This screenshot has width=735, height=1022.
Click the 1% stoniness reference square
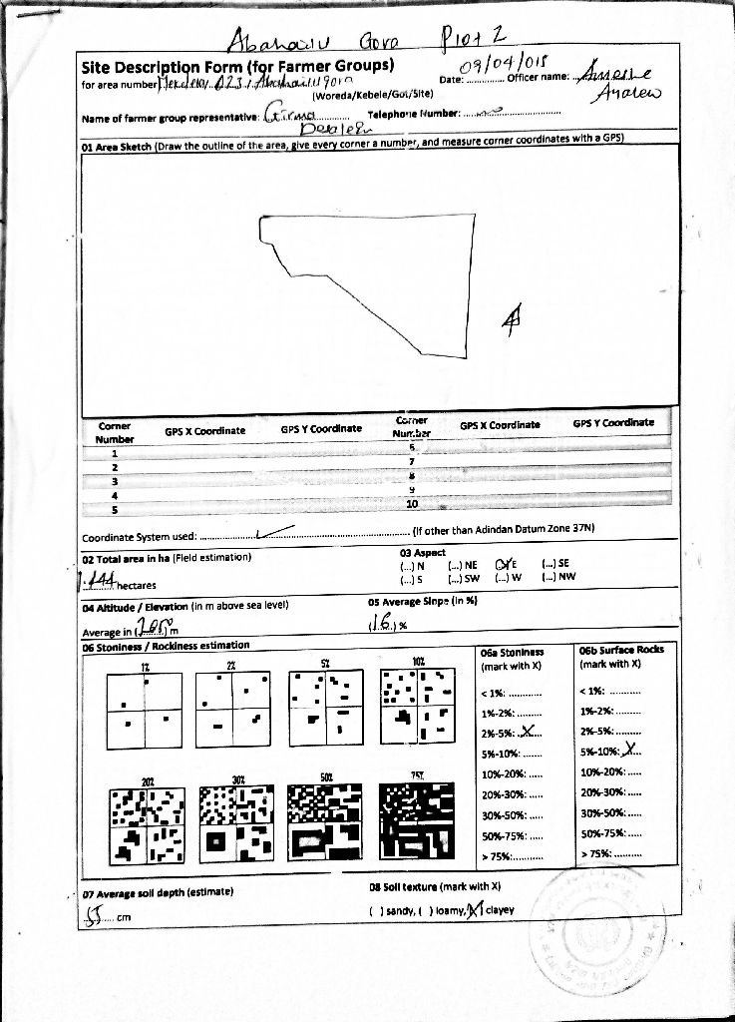(146, 710)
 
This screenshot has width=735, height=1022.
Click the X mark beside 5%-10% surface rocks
(625, 753)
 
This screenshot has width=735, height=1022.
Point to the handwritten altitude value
(152, 626)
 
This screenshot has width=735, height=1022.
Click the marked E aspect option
(504, 564)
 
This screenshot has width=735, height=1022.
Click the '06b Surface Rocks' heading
(621, 650)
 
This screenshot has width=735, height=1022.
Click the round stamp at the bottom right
(600, 924)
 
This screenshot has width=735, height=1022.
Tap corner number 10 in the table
(411, 504)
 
